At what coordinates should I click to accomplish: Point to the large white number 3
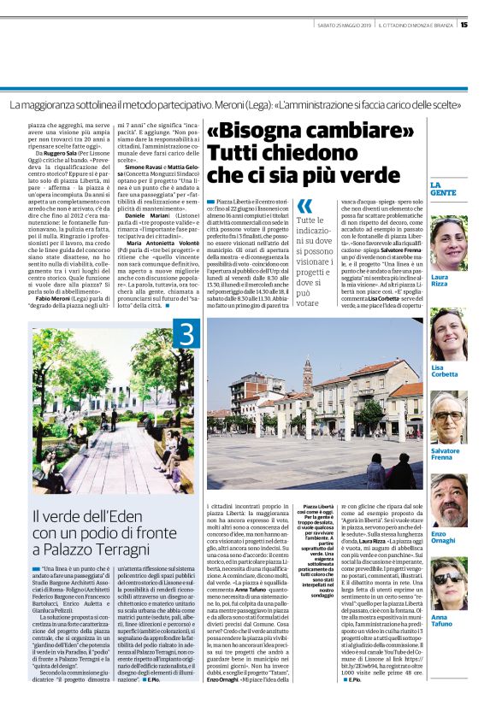tap(187, 335)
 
